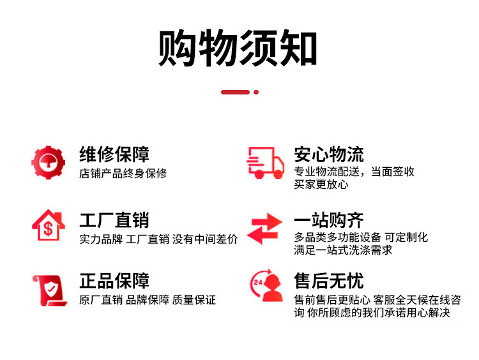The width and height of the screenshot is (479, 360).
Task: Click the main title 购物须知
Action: (x=238, y=49)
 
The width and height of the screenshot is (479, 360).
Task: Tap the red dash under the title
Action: (x=234, y=92)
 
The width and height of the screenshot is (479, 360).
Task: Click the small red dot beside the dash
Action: (x=256, y=92)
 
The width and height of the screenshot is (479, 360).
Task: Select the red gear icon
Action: (x=48, y=162)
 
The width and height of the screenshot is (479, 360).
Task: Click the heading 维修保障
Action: (x=114, y=154)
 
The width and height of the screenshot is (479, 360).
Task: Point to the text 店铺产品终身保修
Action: (x=123, y=174)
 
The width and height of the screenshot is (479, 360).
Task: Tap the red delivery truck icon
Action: (x=265, y=163)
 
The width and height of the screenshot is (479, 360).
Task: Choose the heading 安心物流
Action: (x=329, y=154)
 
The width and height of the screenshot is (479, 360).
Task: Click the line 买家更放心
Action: (x=321, y=185)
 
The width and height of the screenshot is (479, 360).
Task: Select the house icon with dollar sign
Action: (x=48, y=225)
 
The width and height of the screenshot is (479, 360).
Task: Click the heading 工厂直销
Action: (x=114, y=221)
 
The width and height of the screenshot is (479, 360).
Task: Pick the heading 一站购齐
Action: (x=329, y=221)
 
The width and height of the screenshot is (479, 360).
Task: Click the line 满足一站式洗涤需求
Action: (x=343, y=250)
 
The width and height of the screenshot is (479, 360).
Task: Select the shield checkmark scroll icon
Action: (x=48, y=290)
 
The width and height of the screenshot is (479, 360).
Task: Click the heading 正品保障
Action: (x=114, y=281)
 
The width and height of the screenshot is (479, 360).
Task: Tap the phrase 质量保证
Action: (x=195, y=300)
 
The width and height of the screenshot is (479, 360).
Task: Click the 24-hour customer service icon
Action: (x=266, y=288)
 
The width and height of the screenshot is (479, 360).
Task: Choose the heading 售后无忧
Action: (x=329, y=281)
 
